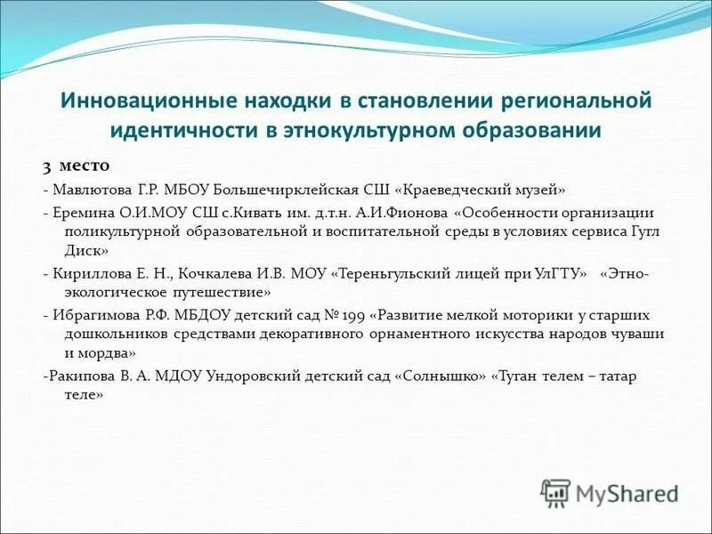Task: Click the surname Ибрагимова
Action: pyautogui.click(x=99, y=314)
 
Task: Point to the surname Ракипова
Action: pyautogui.click(x=84, y=376)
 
